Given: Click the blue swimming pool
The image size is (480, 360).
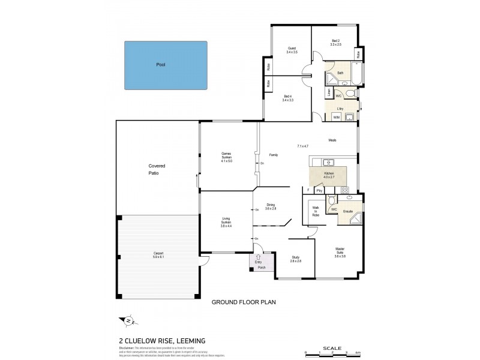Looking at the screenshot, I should pyautogui.click(x=165, y=65).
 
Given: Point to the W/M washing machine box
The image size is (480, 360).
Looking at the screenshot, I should pyautogui.click(x=337, y=117).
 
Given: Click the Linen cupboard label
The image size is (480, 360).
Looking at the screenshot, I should pyautogui.click(x=329, y=93).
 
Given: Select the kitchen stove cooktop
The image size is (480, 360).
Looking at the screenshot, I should pyautogui.click(x=345, y=190).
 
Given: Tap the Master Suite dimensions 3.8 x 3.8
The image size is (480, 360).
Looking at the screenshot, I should pyautogui.click(x=340, y=256).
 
